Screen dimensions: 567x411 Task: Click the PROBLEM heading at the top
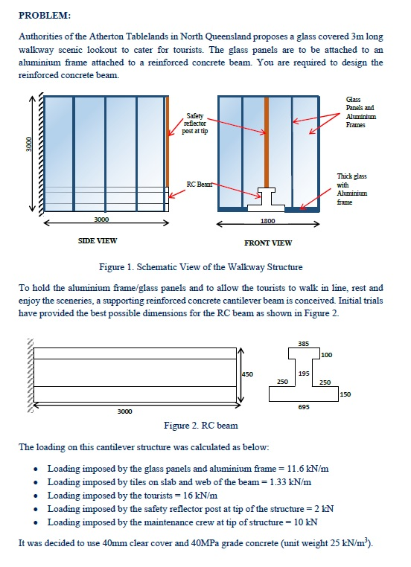[x=45, y=14]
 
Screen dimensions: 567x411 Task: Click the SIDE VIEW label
[x=97, y=240]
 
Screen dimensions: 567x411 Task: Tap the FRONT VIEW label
[x=267, y=243]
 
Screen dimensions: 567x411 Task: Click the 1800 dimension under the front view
[x=268, y=221]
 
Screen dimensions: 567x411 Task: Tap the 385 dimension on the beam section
[x=303, y=344]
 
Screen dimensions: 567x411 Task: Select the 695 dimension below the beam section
[x=303, y=408]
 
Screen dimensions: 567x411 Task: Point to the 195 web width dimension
[x=304, y=371]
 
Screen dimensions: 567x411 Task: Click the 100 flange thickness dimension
[x=327, y=355]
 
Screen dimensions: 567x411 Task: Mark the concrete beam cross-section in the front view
[x=267, y=196]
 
